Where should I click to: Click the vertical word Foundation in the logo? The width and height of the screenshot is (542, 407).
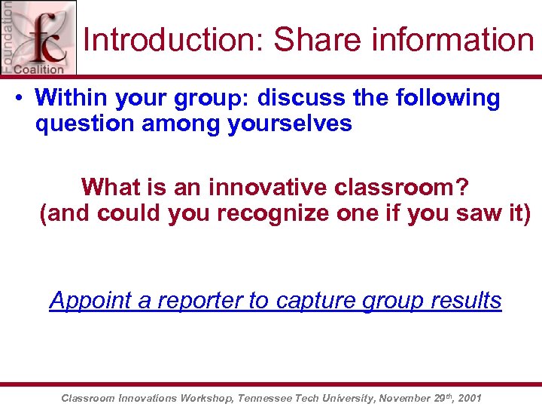pos(8,35)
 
